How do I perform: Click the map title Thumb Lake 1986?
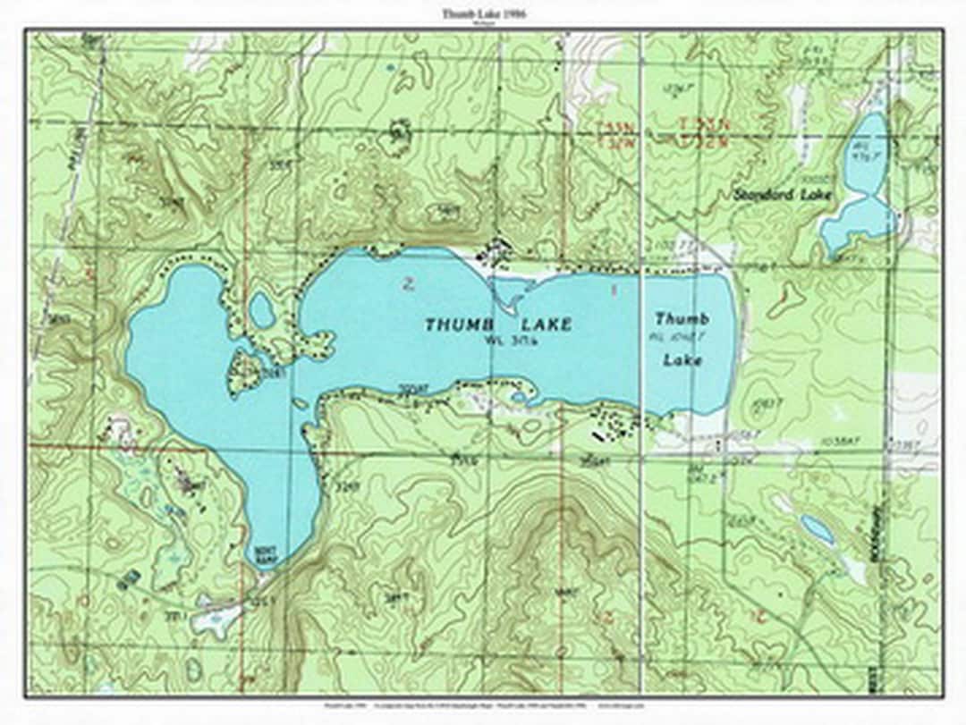coord(484,13)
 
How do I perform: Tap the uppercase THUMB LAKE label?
coord(497,325)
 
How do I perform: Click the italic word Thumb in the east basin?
coord(682,318)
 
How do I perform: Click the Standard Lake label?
coord(782,194)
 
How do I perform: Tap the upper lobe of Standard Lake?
coord(867,152)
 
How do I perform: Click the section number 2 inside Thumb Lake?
coord(408,285)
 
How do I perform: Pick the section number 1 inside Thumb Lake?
coord(614,290)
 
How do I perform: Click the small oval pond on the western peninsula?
coord(261,310)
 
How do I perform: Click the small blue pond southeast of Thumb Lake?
coord(817,529)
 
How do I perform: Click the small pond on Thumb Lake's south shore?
coord(520,398)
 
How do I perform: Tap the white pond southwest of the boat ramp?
coord(215,620)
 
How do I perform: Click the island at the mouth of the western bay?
coord(245,369)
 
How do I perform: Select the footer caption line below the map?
coord(484,705)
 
